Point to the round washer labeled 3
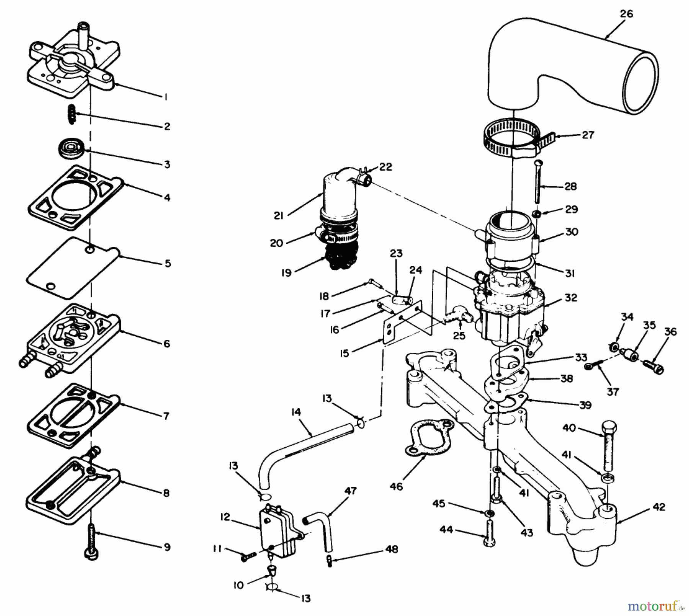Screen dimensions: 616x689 tap(70, 148)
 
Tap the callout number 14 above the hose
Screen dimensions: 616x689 tap(296, 412)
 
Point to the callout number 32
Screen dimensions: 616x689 tap(571, 297)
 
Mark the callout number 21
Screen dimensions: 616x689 tap(279, 216)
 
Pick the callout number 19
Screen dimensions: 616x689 tap(286, 273)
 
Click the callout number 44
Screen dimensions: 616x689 tap(446, 530)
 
